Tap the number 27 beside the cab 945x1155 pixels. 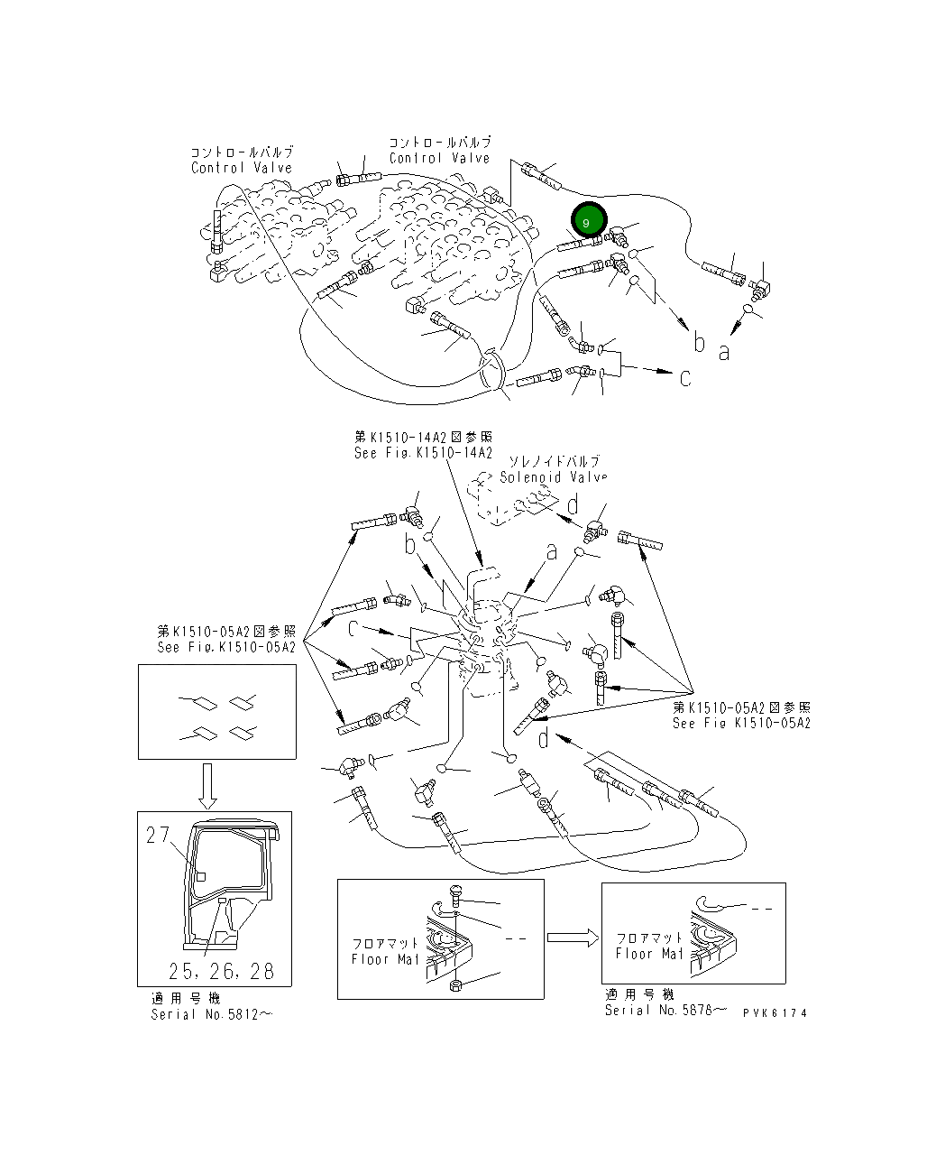click(x=158, y=835)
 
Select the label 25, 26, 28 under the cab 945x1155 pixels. click(x=221, y=971)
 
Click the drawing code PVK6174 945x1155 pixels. click(x=775, y=1012)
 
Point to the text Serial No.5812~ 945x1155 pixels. click(x=211, y=1014)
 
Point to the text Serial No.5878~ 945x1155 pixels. click(x=665, y=1010)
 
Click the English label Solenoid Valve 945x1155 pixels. click(x=553, y=477)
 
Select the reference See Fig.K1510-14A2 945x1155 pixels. click(x=423, y=453)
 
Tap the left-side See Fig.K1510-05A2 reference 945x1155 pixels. click(x=225, y=647)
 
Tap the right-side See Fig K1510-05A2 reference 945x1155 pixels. click(x=740, y=723)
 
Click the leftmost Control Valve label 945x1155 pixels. click(x=241, y=168)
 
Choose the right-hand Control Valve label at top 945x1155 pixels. click(x=439, y=158)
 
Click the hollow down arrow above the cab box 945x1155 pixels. click(x=206, y=784)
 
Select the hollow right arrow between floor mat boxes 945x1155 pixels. click(x=573, y=938)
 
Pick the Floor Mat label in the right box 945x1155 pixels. click(x=649, y=954)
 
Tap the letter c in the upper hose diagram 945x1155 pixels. click(x=685, y=376)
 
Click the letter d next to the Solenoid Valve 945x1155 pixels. click(x=572, y=505)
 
